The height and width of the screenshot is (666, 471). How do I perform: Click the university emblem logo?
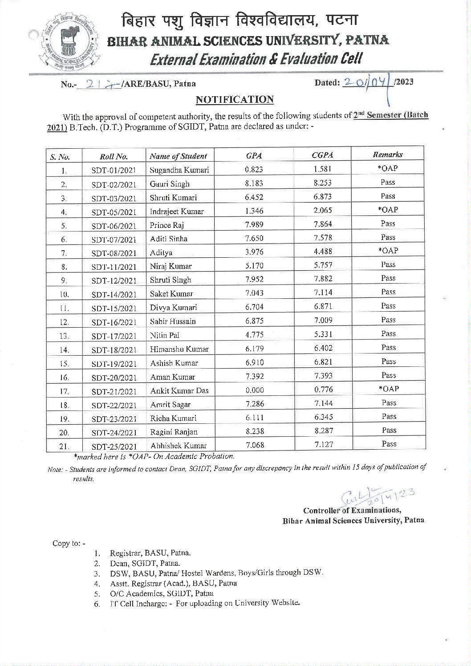coord(69,44)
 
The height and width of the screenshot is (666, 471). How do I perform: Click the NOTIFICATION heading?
coord(235,99)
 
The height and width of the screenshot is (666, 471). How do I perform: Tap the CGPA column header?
coord(322,155)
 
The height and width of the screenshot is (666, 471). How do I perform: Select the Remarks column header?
coord(387,154)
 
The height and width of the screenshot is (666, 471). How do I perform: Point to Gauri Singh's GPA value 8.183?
coord(254,183)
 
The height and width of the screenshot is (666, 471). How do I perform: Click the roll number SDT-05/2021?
coord(114,212)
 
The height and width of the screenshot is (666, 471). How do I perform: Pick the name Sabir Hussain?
coord(173,321)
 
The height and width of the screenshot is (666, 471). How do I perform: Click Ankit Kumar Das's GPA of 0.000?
coord(254,390)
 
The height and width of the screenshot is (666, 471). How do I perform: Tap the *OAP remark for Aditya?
coord(388,251)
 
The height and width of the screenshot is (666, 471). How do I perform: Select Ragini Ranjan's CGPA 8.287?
coord(323,430)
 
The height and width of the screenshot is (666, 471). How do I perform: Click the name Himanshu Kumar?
coord(179,349)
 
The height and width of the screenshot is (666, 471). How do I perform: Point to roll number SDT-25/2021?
coord(114,446)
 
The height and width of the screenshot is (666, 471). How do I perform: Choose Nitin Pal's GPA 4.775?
coord(254,335)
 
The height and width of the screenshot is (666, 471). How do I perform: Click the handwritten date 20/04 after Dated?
coord(365,83)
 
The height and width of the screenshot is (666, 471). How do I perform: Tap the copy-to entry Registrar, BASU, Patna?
coord(150,553)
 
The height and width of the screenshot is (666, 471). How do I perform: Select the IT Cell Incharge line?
coord(204,603)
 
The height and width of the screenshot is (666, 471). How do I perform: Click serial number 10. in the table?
coord(64,294)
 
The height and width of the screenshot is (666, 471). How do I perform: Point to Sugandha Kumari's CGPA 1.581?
coord(322,169)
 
